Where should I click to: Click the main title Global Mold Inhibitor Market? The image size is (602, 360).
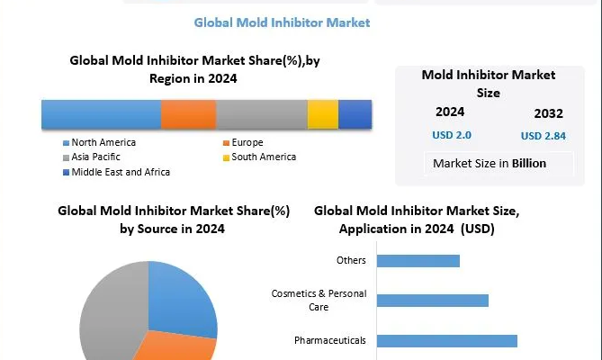coord(283,22)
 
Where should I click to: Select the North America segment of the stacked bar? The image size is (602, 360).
coord(101,114)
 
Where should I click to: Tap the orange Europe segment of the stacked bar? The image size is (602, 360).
coord(188,114)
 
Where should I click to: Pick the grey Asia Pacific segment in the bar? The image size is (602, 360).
coord(261,114)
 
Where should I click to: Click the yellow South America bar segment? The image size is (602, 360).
coord(322,114)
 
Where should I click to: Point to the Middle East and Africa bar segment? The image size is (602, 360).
coord(355,114)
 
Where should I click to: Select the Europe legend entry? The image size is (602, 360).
coord(247,142)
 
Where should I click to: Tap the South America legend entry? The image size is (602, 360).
coord(261,157)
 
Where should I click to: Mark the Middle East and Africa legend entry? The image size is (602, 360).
coord(121,171)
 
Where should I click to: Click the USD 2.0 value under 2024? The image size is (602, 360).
coord(451,135)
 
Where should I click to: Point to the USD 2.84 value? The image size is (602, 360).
coord(543,136)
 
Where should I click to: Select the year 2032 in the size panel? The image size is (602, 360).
coord(548,113)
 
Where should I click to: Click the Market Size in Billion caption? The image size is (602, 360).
coord(490,164)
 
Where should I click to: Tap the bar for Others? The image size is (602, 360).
coord(418,261)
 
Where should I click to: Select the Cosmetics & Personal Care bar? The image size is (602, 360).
coord(432,301)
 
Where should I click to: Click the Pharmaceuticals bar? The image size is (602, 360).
coord(446,340)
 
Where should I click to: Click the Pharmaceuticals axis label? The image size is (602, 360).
coord(330,340)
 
